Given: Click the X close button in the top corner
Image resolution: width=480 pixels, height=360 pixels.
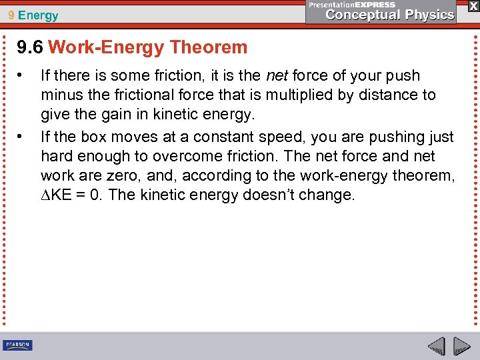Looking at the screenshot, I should [x=473, y=5].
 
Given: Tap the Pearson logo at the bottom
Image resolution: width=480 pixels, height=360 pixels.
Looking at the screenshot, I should [x=18, y=345].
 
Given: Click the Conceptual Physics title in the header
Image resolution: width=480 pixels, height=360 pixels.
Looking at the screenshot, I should [x=390, y=15].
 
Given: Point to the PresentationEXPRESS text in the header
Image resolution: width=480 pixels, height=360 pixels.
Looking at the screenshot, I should [x=351, y=4].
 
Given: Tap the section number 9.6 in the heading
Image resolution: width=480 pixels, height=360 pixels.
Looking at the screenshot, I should [x=30, y=47].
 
